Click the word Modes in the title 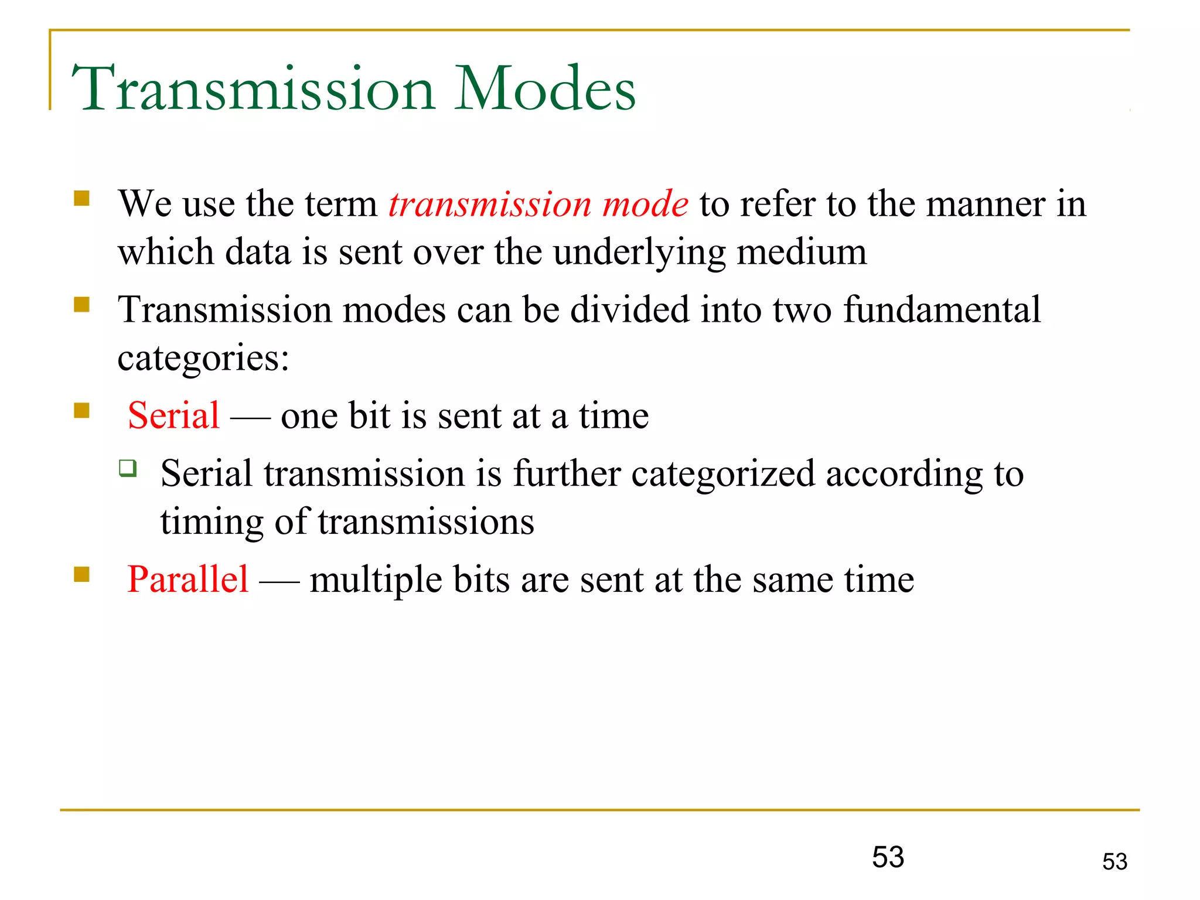click(545, 89)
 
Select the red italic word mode click(645, 204)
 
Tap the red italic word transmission click(490, 204)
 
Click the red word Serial click(173, 415)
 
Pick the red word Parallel click(187, 579)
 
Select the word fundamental click(942, 309)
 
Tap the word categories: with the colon click(203, 359)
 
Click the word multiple click(376, 581)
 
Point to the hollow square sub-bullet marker click(128, 468)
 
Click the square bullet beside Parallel click(81, 574)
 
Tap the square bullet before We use click(81, 198)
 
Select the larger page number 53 click(888, 857)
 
